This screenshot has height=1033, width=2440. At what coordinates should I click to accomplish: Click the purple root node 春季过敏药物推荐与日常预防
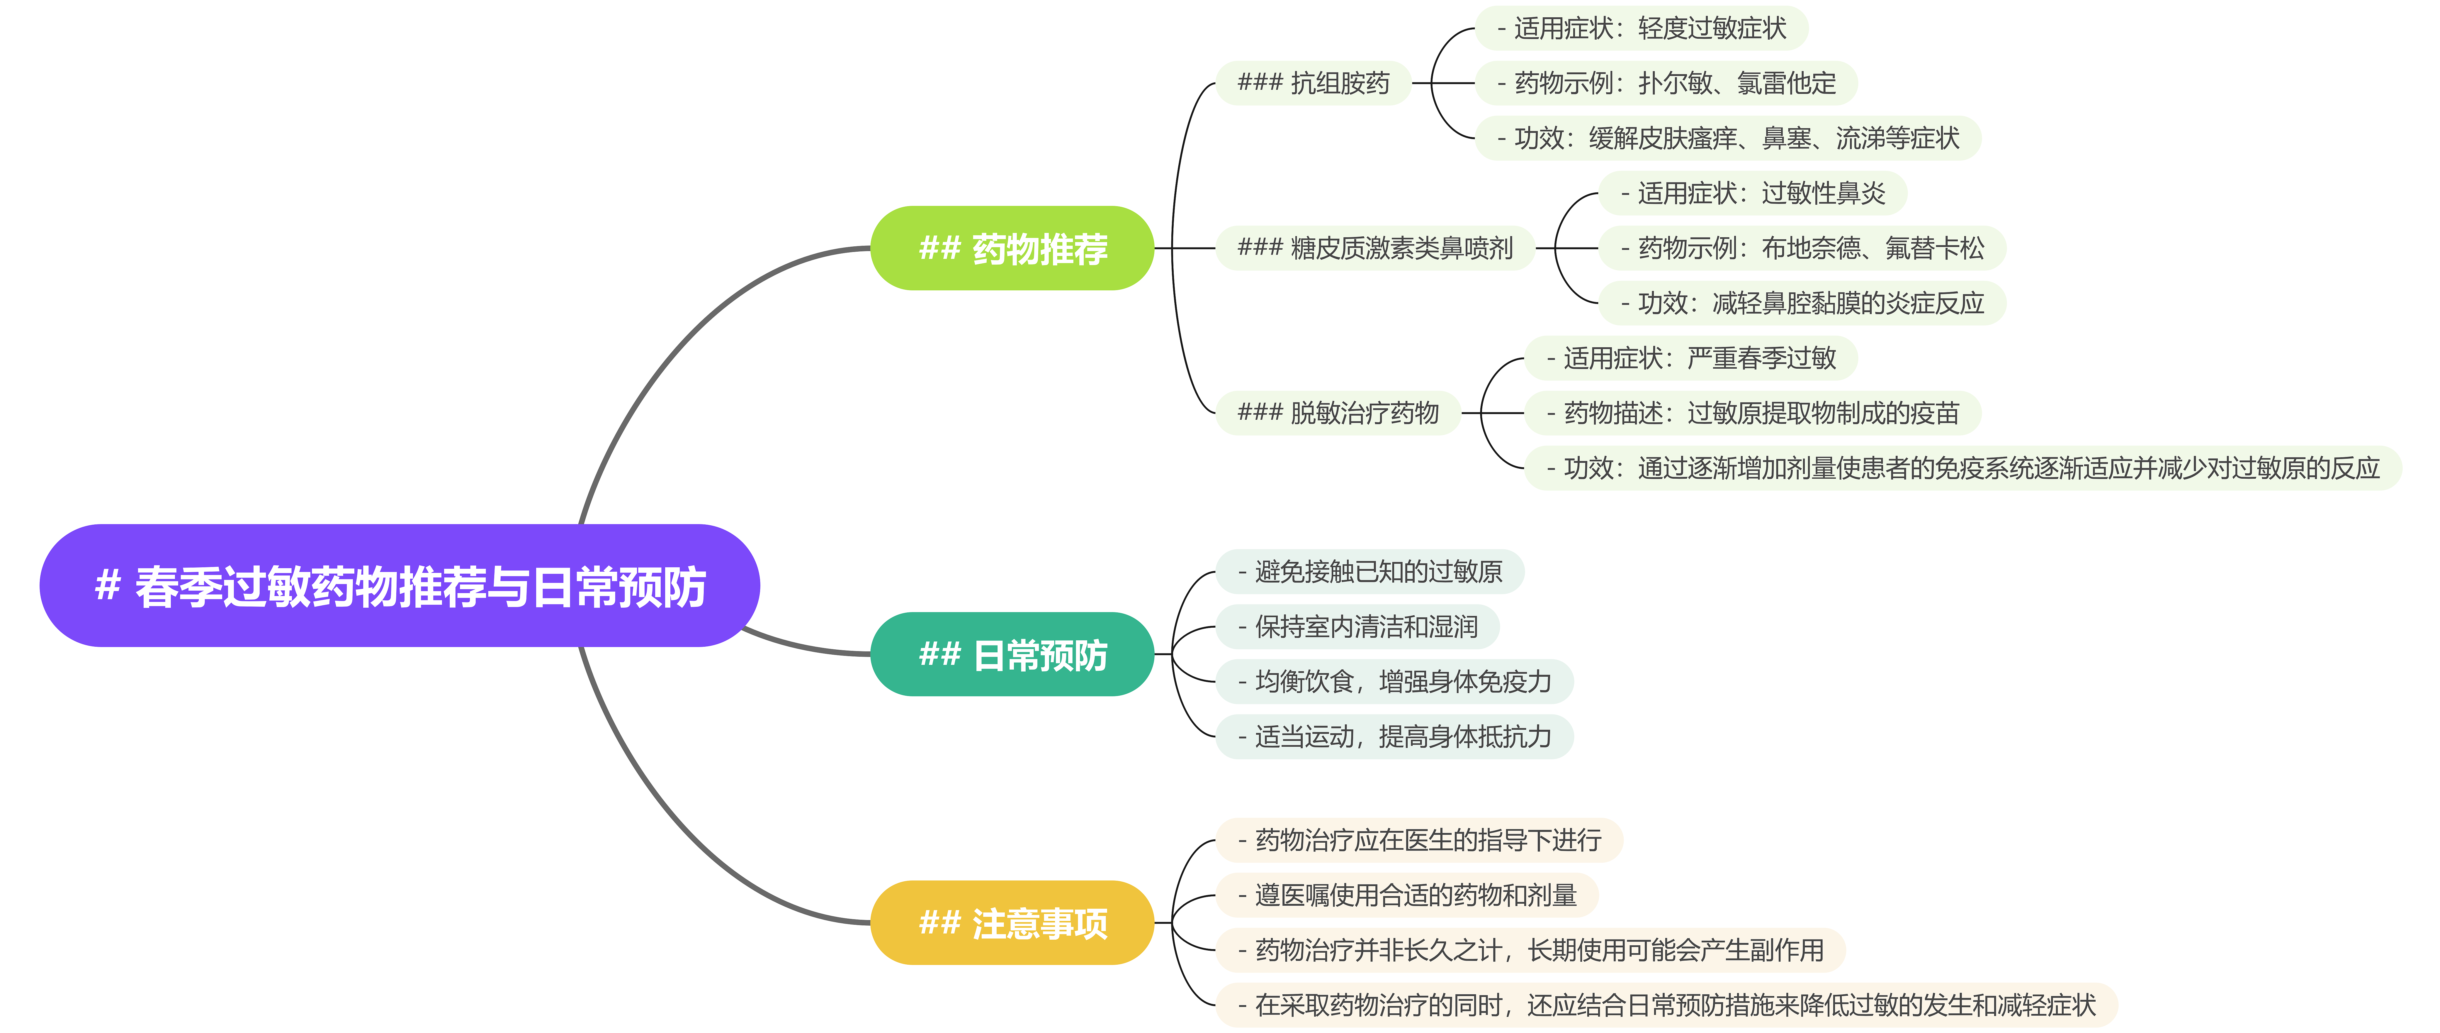400,586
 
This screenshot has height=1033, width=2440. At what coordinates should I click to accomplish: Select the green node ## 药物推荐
1012,248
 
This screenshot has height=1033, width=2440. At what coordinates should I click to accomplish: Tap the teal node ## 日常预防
1012,654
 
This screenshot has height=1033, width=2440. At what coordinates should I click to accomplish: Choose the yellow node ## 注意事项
1012,922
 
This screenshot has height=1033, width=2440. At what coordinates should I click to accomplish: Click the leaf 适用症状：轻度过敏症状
1642,28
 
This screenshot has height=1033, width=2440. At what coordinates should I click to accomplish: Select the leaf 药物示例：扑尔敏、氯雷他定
1666,83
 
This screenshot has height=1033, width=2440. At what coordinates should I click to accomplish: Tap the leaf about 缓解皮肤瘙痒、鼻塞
1728,138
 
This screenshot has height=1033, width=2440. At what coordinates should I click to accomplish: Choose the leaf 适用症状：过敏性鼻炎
1752,193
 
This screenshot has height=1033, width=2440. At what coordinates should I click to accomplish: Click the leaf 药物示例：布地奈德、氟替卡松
1802,248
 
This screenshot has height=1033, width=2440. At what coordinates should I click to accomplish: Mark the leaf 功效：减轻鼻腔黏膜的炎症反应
1802,303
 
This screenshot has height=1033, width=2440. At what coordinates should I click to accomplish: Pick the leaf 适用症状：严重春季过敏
1691,358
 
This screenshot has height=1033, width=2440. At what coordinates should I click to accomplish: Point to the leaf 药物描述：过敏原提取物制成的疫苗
1752,413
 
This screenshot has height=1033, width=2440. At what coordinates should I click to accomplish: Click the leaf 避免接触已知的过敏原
1370,571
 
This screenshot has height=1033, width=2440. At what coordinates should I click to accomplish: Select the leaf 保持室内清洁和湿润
1357,626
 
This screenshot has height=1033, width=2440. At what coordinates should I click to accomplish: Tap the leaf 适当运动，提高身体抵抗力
1394,736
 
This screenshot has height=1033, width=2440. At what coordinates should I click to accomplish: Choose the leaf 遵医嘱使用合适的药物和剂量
1407,895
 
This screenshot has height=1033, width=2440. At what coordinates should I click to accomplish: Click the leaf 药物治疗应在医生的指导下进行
1419,840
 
